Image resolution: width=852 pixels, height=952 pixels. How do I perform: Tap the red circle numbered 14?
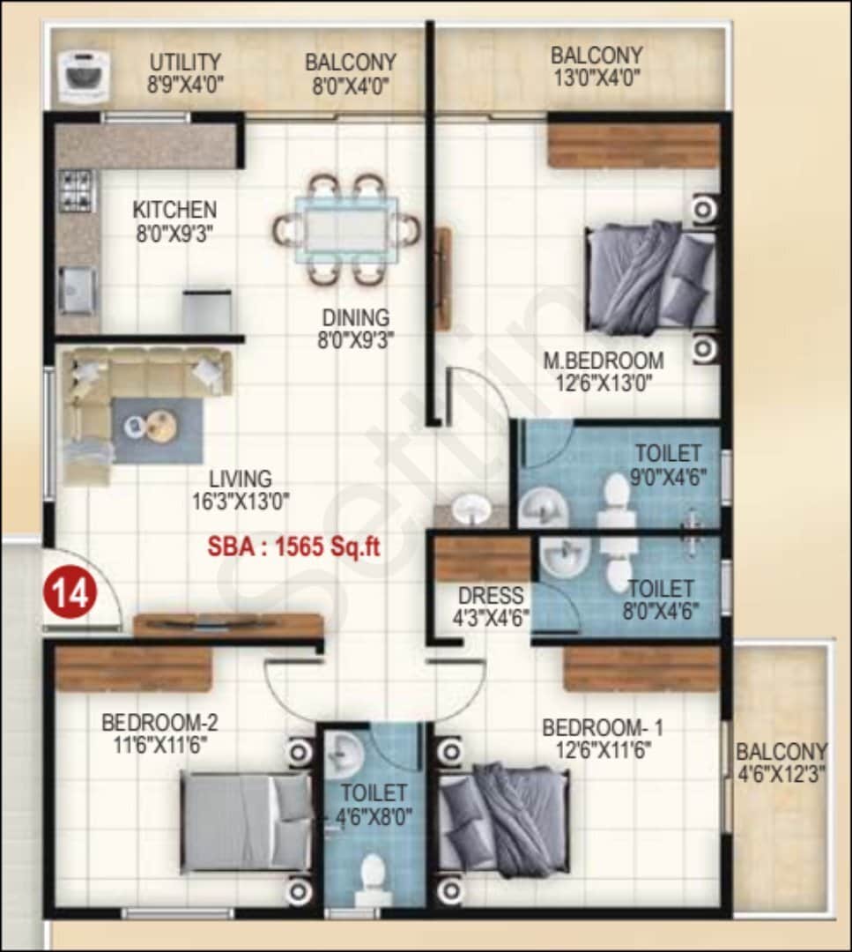70,593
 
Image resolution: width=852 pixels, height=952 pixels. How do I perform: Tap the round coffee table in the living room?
160,426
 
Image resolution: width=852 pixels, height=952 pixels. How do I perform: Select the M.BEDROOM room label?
604,361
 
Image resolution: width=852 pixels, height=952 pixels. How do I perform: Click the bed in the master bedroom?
650,277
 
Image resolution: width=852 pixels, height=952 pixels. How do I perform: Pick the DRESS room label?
490,596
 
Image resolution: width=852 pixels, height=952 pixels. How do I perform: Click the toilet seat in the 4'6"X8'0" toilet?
373,872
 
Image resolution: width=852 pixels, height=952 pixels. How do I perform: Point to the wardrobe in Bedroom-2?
134,670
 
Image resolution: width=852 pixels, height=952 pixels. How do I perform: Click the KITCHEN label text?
174,210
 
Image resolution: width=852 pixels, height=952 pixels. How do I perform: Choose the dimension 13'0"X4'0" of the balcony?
596,78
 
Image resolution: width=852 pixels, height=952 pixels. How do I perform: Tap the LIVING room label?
240,480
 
